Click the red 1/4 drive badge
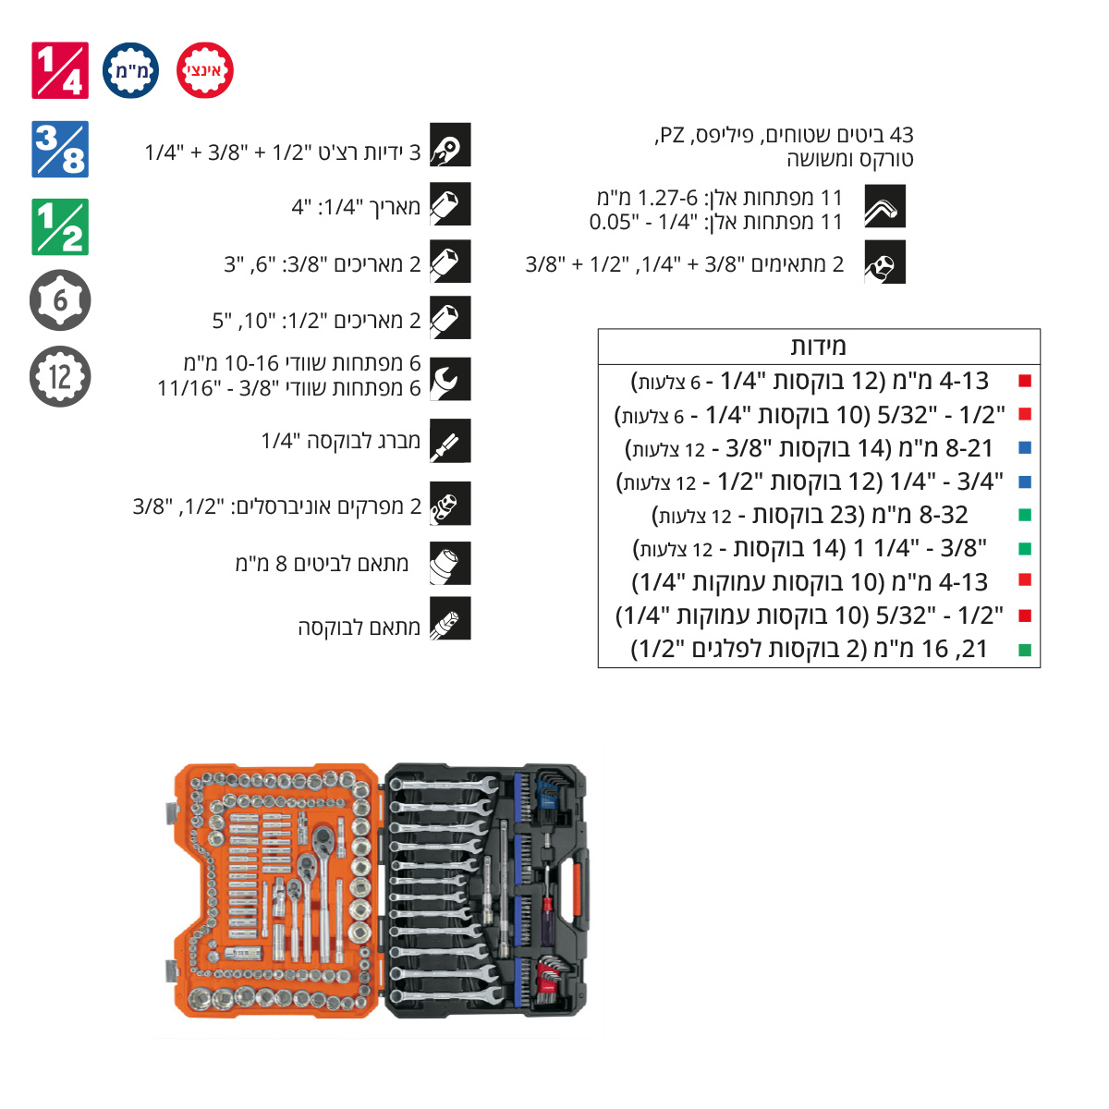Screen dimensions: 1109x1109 pos(60,70)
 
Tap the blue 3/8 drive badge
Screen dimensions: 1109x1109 pos(60,149)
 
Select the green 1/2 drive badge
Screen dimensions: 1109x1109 pos(60,226)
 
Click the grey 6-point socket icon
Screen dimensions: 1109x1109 pos(60,299)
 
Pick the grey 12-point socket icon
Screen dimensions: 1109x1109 pos(60,376)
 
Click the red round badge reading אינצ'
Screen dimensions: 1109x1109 pos(205,70)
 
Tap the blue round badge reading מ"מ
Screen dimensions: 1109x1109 pos(130,70)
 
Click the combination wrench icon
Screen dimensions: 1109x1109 pos(450,379)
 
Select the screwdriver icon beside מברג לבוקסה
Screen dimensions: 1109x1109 pos(450,441)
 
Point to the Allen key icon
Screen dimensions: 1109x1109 pos(884,206)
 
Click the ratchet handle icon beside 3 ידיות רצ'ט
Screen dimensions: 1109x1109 pos(450,144)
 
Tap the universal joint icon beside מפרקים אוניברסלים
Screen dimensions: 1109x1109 pos(450,504)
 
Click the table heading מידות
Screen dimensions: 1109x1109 pos(819,347)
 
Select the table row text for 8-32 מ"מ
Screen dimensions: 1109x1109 pos(810,515)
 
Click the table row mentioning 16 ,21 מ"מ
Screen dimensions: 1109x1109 pos(810,649)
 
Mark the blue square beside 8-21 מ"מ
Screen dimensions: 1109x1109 pos(1025,447)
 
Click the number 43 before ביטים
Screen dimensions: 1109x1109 pos(901,135)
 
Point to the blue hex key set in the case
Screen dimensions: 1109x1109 pos(550,791)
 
